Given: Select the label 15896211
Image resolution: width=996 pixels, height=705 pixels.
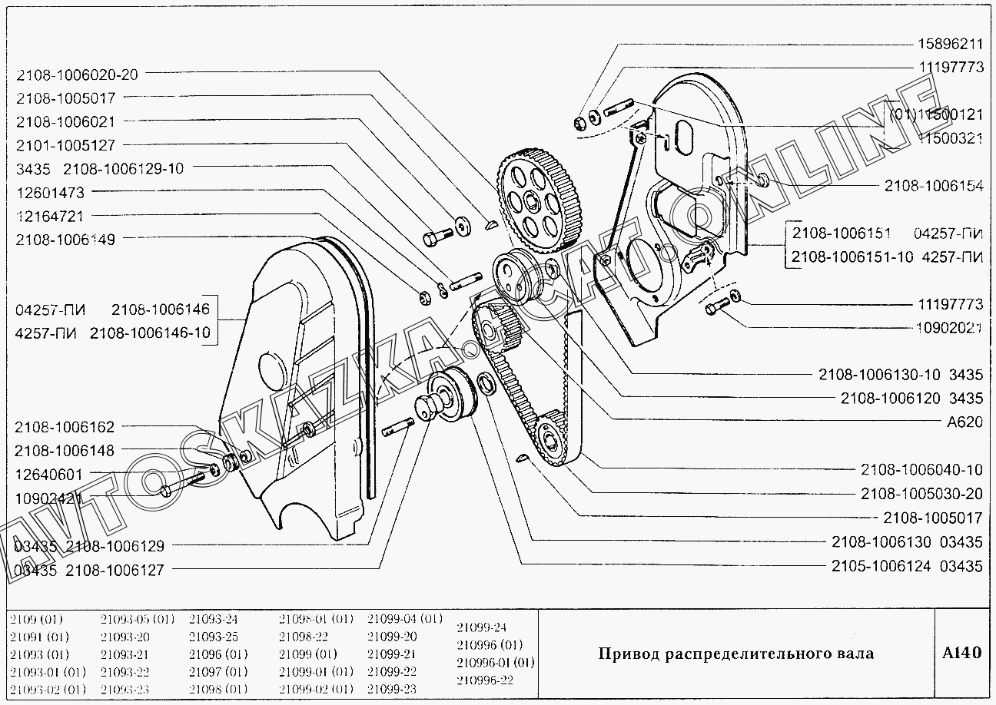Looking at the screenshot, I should pyautogui.click(x=950, y=45).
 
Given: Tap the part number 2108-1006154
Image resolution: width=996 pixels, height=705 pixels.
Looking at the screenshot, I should pyautogui.click(x=934, y=186).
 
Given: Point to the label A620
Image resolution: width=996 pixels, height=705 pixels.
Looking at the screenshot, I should pyautogui.click(x=964, y=422).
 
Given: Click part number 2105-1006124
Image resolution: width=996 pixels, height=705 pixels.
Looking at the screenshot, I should pyautogui.click(x=881, y=567).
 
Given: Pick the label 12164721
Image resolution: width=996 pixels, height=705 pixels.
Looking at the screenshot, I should pyautogui.click(x=49, y=216).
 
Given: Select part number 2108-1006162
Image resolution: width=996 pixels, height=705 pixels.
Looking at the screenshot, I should pyautogui.click(x=64, y=427).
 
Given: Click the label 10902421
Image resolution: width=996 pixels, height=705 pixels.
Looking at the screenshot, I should pyautogui.click(x=49, y=498).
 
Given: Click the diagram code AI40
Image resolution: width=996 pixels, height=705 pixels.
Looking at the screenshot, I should pyautogui.click(x=961, y=654).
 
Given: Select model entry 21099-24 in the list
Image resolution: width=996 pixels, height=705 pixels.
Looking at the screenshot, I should pyautogui.click(x=482, y=627).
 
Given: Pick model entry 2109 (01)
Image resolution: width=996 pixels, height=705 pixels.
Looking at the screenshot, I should pyautogui.click(x=38, y=619).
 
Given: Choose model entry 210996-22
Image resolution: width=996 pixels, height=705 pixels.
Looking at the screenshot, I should pyautogui.click(x=484, y=680).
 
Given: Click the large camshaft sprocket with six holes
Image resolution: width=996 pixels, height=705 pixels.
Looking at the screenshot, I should pyautogui.click(x=539, y=197).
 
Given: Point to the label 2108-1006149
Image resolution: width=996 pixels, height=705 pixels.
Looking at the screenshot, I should pyautogui.click(x=65, y=240).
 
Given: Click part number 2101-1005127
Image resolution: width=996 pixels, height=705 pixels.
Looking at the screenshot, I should pyautogui.click(x=65, y=144).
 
